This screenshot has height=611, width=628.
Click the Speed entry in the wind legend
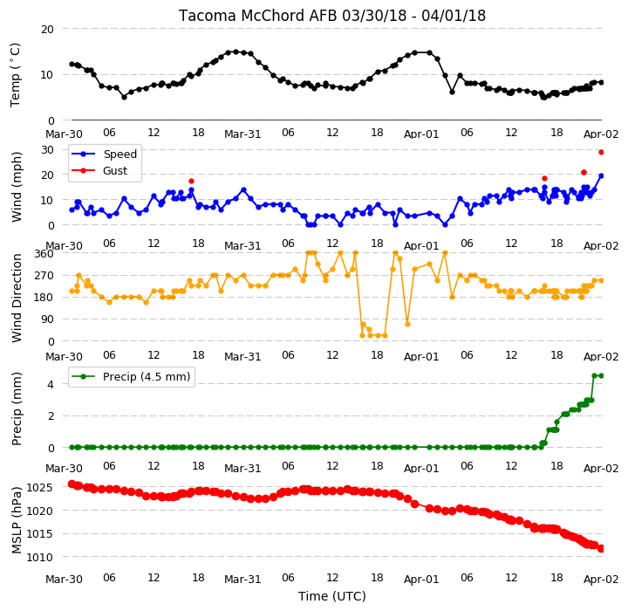pos(120,154)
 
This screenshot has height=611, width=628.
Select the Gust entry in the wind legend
pos(115,170)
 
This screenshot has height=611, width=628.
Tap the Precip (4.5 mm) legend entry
pos(147,376)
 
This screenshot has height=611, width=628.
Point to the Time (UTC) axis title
pos(332,596)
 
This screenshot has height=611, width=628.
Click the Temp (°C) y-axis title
pos(15,75)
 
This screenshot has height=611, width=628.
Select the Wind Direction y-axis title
pos(17,298)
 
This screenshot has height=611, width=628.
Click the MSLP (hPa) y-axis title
pos(17,520)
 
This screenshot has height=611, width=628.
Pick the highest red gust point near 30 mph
pos(601,153)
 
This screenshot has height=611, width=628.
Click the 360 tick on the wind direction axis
pos(44,254)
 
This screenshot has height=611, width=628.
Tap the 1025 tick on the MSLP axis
pos(39,488)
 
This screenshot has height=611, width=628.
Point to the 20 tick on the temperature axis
pos(47,30)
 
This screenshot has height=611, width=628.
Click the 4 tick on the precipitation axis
pos(51,384)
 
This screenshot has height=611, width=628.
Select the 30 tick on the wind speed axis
pos(47,150)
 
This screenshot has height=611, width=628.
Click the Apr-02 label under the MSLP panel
pos(601,580)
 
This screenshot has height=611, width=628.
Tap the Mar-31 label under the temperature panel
pos(242,134)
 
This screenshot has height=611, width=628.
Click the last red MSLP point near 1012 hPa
pos(601,548)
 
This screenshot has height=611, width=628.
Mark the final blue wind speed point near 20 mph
pos(601,176)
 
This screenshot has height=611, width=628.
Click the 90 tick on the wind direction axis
pos(47,319)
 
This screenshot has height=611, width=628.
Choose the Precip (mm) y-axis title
pos(17,409)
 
